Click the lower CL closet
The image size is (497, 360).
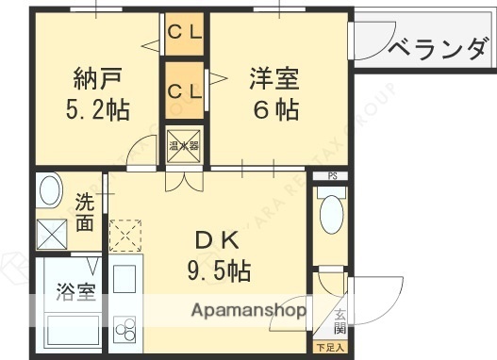[x=185, y=91]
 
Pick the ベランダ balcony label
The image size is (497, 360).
[x=439, y=47]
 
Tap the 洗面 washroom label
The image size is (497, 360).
[x=85, y=212]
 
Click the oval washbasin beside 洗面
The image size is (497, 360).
[x=49, y=192]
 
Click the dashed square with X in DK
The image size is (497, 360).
[x=124, y=235]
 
